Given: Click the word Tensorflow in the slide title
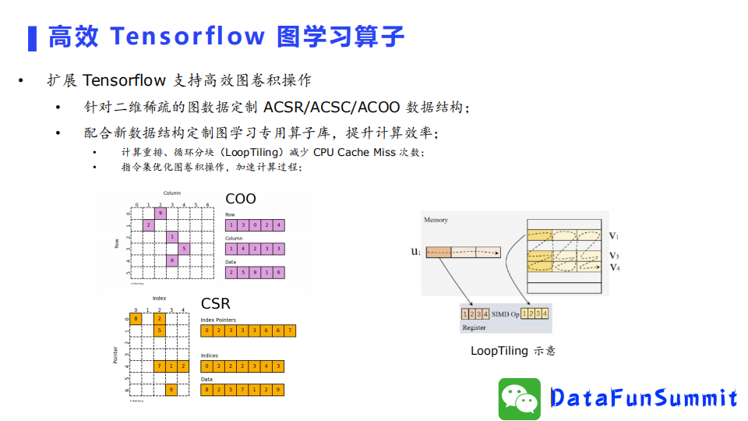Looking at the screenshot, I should click(x=187, y=37).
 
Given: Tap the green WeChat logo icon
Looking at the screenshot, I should click(x=520, y=399).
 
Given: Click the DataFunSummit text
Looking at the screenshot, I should click(x=644, y=398).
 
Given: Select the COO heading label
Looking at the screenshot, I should click(x=240, y=199).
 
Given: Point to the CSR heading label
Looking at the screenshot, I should click(x=216, y=303).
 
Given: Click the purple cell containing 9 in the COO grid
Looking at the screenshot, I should click(x=161, y=213).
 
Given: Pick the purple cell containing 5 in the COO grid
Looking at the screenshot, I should click(x=184, y=249).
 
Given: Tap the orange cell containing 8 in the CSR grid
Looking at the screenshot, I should click(x=136, y=317).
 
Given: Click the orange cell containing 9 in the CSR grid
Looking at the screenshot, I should click(x=171, y=388).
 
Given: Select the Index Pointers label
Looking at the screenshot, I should click(x=217, y=320).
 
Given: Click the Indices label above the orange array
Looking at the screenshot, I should click(x=209, y=355).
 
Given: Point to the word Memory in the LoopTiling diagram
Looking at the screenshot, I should click(x=436, y=220).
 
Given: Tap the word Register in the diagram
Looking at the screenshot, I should click(x=475, y=327).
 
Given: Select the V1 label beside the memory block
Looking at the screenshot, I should click(x=614, y=235).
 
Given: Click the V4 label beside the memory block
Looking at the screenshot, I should click(x=615, y=267).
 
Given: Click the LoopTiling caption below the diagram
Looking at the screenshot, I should click(x=513, y=351).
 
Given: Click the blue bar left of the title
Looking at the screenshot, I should click(x=32, y=37).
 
